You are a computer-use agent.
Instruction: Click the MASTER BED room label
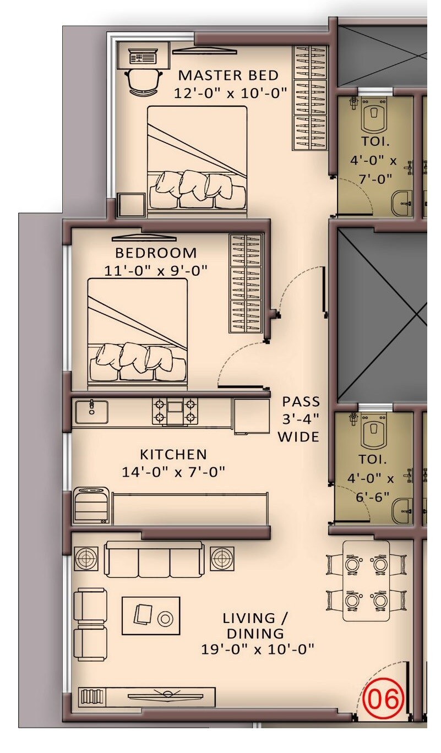click(x=228, y=75)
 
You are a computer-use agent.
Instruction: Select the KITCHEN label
click(x=173, y=455)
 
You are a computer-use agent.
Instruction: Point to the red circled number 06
click(x=385, y=699)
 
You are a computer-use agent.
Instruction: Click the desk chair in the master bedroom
click(x=144, y=81)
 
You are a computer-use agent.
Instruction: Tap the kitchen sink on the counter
click(x=91, y=411)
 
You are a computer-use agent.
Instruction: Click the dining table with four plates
click(x=366, y=581)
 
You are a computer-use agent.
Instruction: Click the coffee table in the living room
click(x=151, y=616)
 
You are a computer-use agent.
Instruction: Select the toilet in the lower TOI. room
click(x=374, y=433)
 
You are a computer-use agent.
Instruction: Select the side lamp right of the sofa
click(x=221, y=559)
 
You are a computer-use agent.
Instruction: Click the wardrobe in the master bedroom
click(x=309, y=97)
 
